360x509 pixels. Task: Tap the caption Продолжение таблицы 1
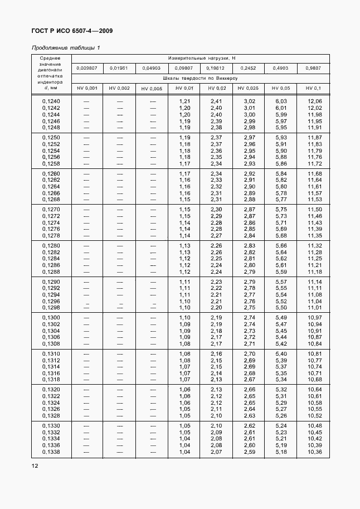pos(66,47)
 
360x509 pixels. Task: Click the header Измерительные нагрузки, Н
pos(201,58)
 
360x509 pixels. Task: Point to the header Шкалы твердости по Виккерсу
pos(201,78)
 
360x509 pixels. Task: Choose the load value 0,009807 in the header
pos(87,68)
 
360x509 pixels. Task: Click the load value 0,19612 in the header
pos(217,68)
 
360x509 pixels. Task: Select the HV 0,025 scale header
pos(248,88)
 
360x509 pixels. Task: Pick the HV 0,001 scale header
pos(87,88)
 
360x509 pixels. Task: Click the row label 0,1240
pos(51,101)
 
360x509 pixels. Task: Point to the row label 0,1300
pos(51,317)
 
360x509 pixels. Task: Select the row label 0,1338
pos(51,452)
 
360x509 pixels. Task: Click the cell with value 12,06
pos(315,101)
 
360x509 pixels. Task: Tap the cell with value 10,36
pos(315,452)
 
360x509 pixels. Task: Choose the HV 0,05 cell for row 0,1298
pos(281,308)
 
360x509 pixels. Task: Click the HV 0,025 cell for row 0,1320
pos(249,389)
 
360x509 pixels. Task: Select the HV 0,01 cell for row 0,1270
pos(184,209)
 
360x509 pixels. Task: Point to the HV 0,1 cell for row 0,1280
pos(315,245)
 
